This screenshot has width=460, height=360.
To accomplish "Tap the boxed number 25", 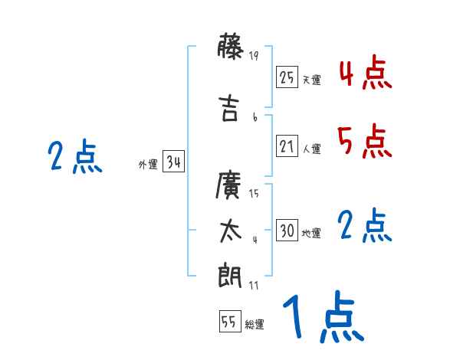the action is pyautogui.click(x=287, y=77).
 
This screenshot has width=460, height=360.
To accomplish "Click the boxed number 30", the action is pyautogui.click(x=287, y=231).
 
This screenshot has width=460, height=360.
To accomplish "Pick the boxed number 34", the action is pyautogui.click(x=172, y=162).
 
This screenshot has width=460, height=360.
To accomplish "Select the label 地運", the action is pyautogui.click(x=311, y=234).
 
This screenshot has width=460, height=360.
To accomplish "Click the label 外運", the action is pyautogui.click(x=148, y=165).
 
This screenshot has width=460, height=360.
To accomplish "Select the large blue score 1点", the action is pyautogui.click(x=322, y=316).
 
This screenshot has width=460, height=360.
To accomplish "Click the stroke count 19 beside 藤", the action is pyautogui.click(x=255, y=55).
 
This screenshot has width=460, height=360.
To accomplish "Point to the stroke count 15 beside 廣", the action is pyautogui.click(x=255, y=193).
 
